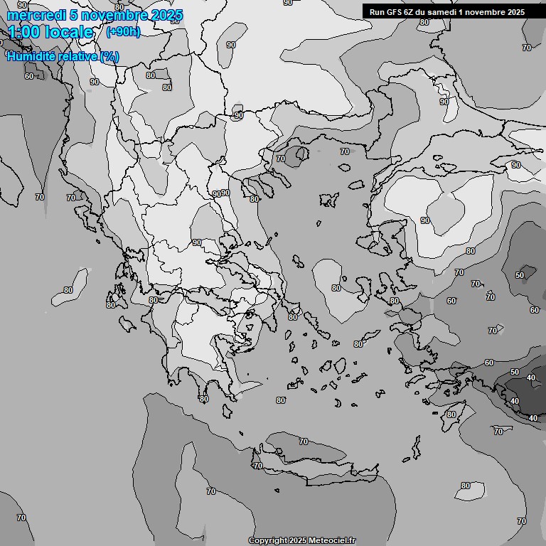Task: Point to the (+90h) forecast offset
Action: (123, 32)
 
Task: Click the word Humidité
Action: (34, 56)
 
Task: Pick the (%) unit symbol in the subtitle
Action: (109, 56)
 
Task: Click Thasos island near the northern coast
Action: (301, 153)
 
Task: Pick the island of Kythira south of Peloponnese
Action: (227, 410)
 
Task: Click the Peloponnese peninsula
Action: (199, 348)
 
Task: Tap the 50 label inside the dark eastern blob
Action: (520, 275)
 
